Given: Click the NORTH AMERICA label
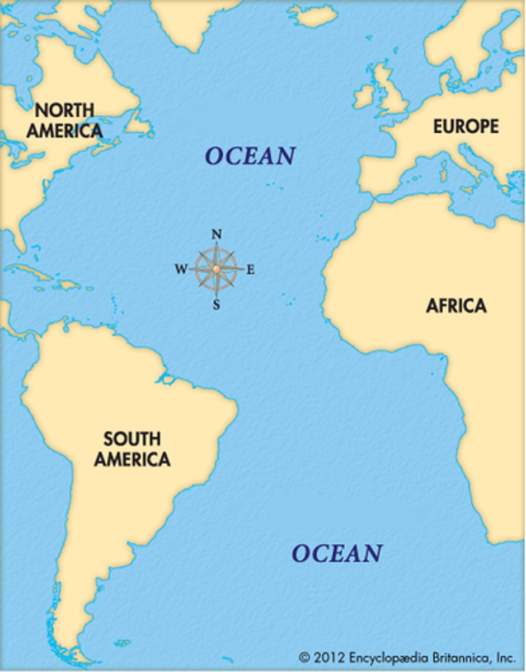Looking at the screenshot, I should [64, 120].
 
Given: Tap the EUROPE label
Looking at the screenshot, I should [466, 127].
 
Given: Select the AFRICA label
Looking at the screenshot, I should [456, 306].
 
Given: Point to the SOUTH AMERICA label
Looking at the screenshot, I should [132, 449].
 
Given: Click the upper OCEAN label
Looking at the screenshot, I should [250, 156].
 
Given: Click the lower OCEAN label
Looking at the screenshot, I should [337, 553].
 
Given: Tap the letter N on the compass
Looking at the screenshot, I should [217, 235].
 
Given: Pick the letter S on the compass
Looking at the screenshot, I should [217, 305].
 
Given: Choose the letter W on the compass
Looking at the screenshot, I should [181, 270].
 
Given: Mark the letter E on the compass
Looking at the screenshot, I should [251, 270].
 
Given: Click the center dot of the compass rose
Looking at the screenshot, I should [217, 269].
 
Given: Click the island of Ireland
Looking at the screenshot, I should [363, 96].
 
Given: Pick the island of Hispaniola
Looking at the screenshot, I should [67, 284].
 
